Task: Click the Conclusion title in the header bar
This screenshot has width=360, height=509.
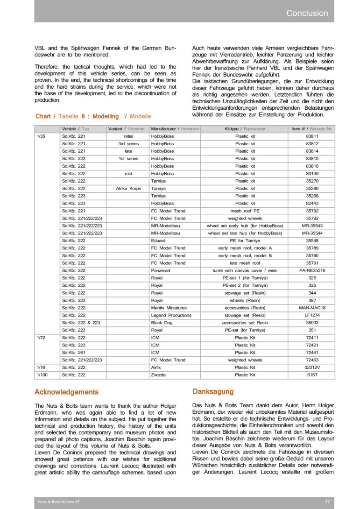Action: tap(307, 14)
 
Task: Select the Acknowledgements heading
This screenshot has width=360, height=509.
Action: tap(66, 392)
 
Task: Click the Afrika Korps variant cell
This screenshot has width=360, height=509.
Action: tap(128, 188)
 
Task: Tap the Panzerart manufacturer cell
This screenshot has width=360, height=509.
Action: tap(162, 270)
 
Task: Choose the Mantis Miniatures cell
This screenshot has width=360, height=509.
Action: tap(169, 308)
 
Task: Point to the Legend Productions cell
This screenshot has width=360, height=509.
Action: tap(171, 315)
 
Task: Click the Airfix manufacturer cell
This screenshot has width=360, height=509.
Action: tap(157, 368)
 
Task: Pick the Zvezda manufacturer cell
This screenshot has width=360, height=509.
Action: tap(158, 375)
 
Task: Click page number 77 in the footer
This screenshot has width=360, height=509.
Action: tap(327, 501)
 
